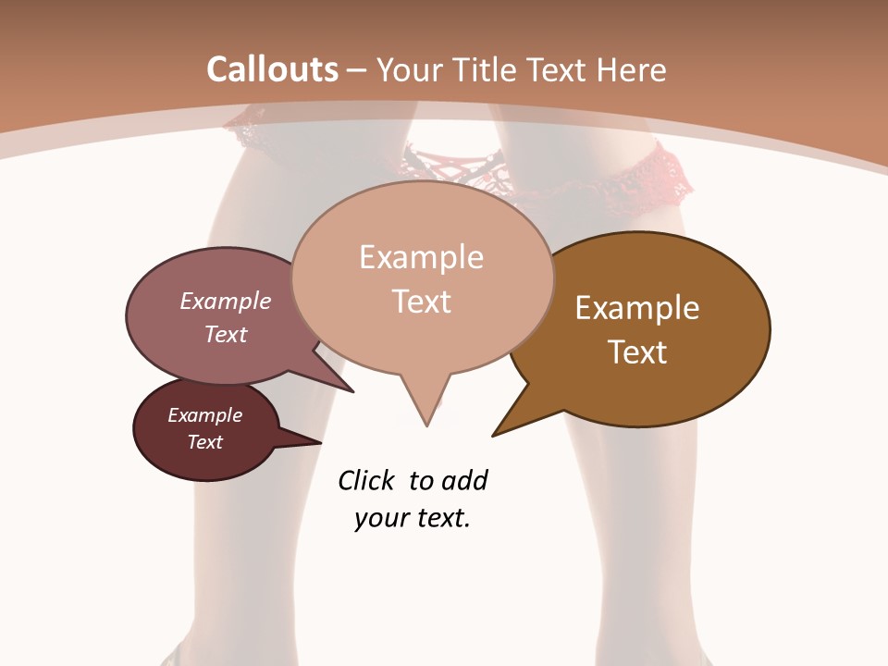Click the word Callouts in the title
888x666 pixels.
tap(272, 69)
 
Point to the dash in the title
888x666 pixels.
tap(357, 70)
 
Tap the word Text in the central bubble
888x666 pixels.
tap(421, 301)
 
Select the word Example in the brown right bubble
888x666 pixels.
tap(637, 308)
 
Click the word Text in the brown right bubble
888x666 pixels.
tap(637, 351)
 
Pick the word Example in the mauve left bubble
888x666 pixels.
tap(226, 301)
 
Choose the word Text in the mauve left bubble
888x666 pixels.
tap(226, 334)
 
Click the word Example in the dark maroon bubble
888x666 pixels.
tap(204, 415)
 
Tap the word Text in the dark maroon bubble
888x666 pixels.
tap(204, 442)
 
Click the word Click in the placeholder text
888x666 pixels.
tap(366, 480)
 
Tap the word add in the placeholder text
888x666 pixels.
tap(463, 480)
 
